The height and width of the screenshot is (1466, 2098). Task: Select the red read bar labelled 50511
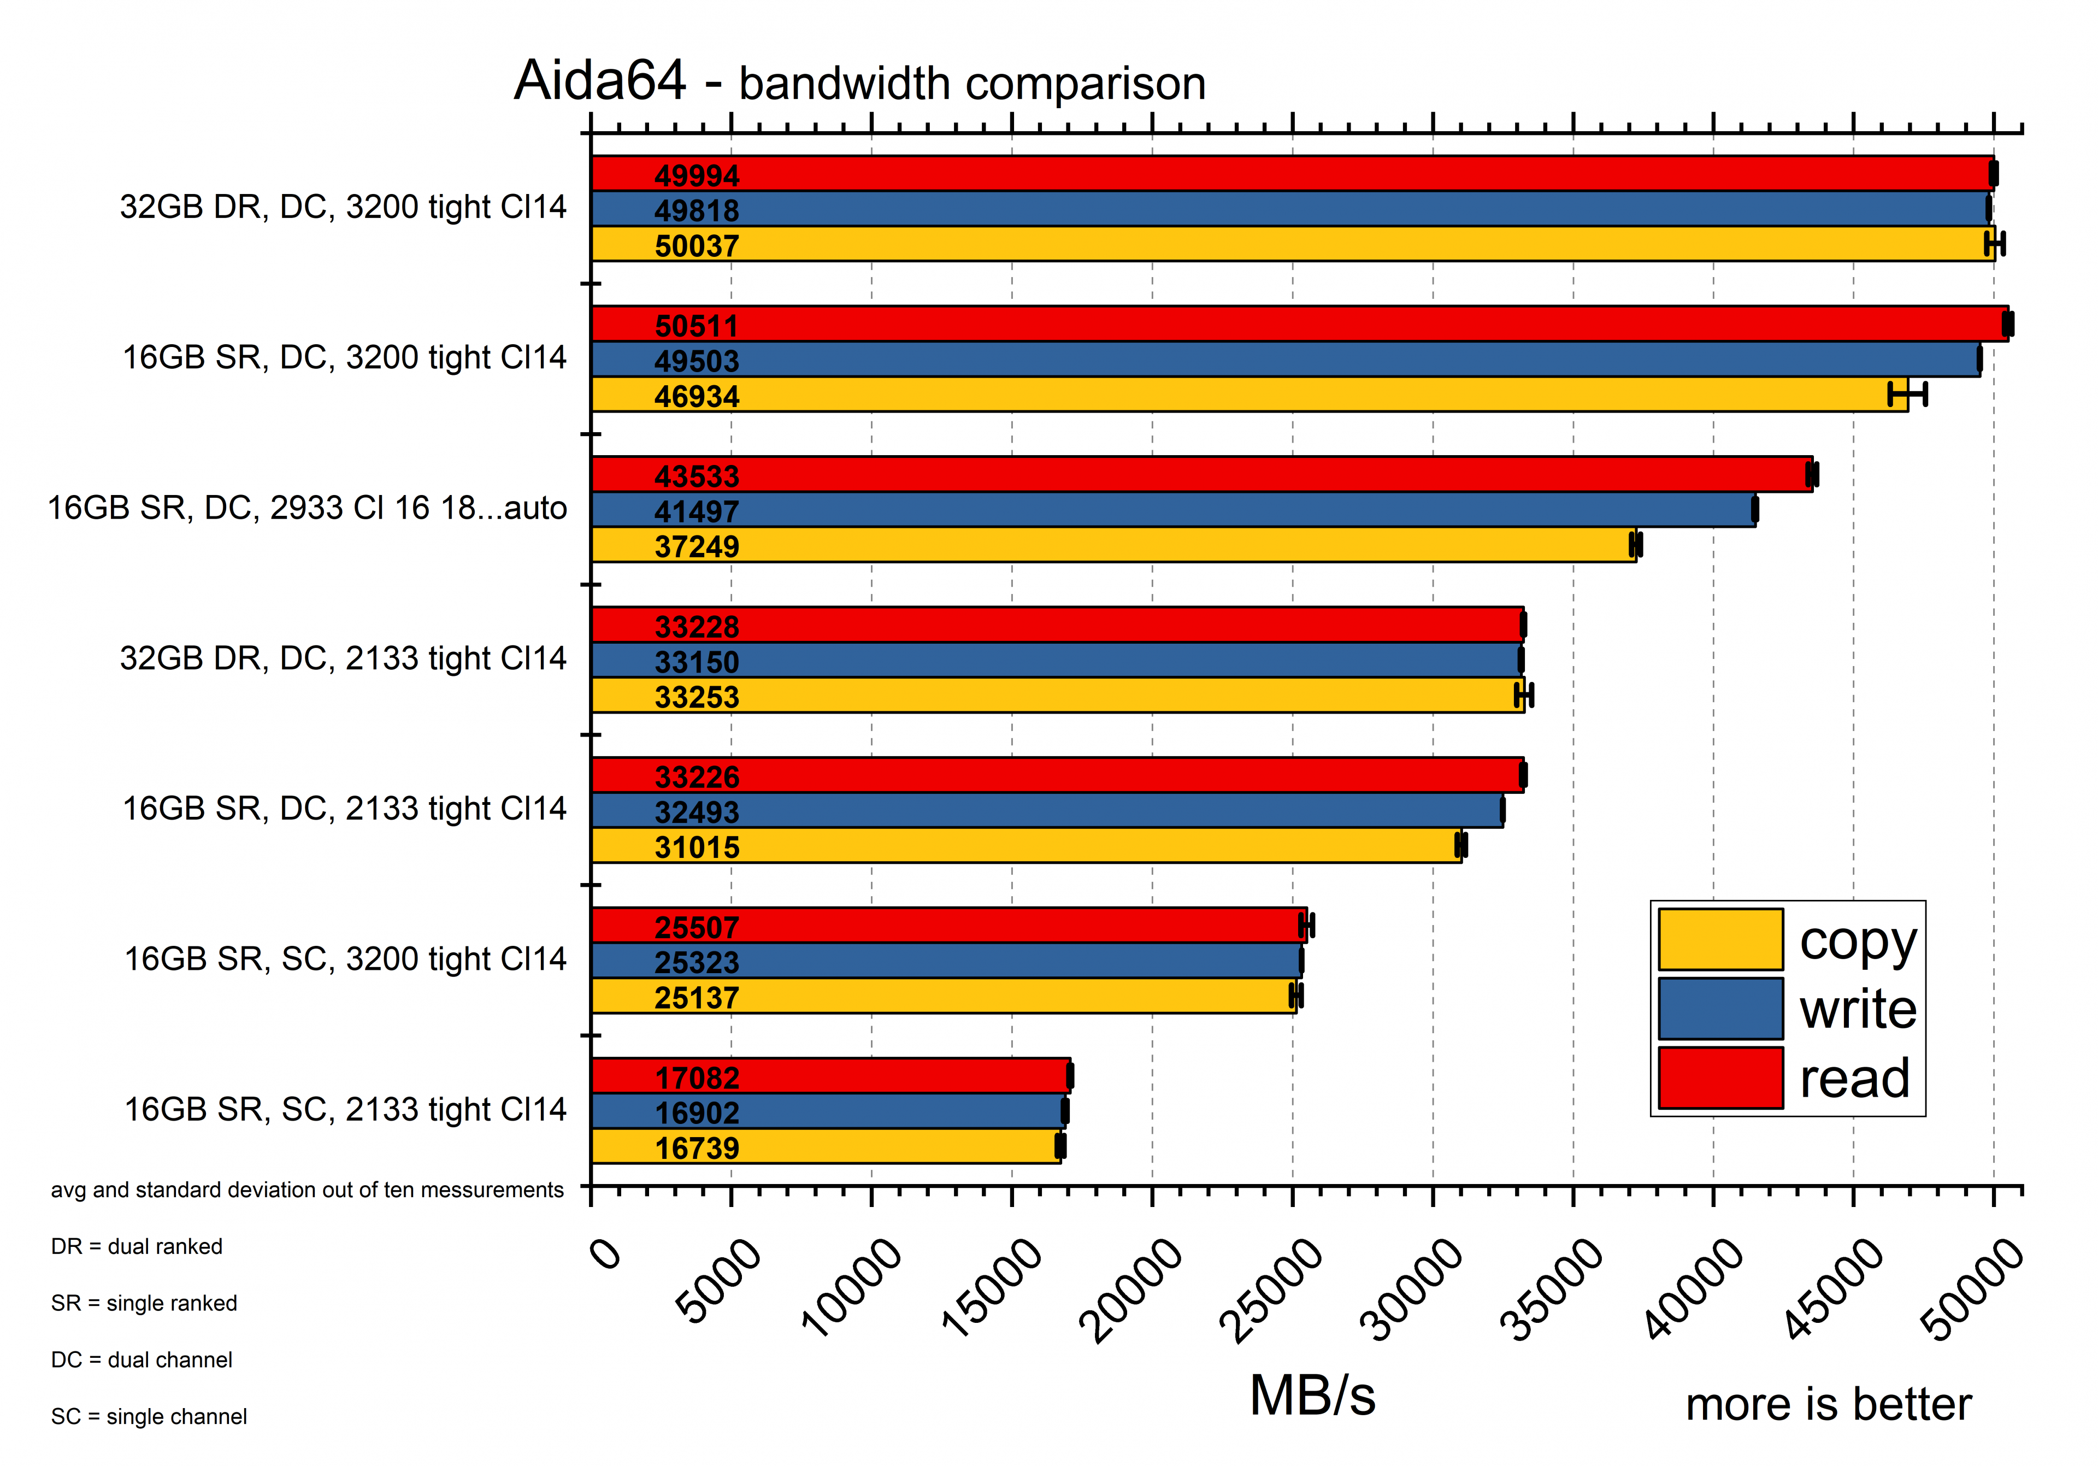click(x=1298, y=323)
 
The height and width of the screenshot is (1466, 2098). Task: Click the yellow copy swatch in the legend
click(x=1720, y=939)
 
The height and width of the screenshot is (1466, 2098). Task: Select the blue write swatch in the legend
click(x=1720, y=1008)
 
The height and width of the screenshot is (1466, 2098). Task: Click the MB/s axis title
click(x=1312, y=1396)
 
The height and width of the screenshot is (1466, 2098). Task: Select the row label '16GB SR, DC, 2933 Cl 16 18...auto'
click(x=307, y=508)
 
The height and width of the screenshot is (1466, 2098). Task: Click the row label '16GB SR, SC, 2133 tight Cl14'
click(x=345, y=1110)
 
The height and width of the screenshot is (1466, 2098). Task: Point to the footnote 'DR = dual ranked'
click(x=137, y=1247)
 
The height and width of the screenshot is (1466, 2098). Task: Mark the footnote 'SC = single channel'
click(x=149, y=1417)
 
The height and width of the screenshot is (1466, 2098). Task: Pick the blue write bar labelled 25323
click(x=946, y=961)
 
